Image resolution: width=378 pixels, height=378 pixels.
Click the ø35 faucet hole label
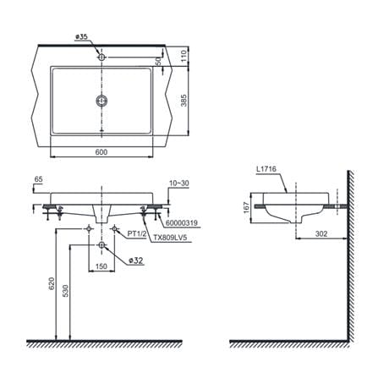[82, 37]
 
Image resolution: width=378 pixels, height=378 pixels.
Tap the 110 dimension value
[184, 56]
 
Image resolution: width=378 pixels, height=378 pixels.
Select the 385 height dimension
[184, 101]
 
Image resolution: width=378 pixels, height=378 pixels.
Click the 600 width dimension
[101, 152]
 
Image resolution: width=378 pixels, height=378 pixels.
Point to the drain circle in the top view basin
[101, 101]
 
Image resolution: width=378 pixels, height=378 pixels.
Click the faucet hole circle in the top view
[101, 58]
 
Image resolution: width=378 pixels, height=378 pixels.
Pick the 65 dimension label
[38, 179]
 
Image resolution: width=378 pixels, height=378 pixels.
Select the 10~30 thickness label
[179, 184]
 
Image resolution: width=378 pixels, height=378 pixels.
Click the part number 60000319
[182, 223]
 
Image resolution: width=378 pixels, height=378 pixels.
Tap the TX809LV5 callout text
[170, 238]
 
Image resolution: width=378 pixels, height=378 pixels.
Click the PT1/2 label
[137, 233]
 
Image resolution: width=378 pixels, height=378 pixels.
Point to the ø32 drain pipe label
[136, 260]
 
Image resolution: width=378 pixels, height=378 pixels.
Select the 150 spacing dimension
[101, 266]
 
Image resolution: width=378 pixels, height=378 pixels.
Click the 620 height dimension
[52, 284]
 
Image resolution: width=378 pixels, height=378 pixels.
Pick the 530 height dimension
[65, 291]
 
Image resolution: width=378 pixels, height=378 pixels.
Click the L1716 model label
[266, 169]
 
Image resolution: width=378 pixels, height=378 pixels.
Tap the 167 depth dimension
[247, 208]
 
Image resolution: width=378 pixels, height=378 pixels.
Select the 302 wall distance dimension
[321, 233]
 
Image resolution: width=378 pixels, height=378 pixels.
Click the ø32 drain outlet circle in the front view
[101, 245]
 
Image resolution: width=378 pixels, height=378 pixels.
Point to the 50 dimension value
[159, 61]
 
